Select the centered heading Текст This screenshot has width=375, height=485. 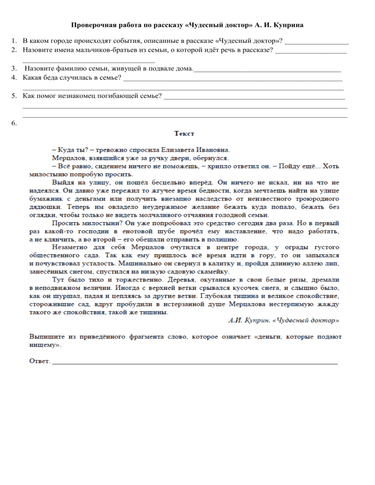(x=185, y=133)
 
